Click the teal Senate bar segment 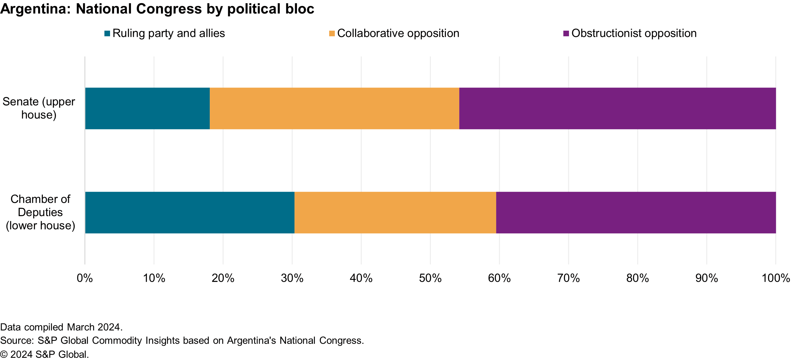[x=147, y=108]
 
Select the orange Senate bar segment [x=334, y=108]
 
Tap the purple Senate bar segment [x=617, y=108]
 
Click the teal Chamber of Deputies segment [x=189, y=212]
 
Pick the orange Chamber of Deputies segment [x=395, y=212]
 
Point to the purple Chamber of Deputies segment [x=636, y=212]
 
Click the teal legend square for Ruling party [x=107, y=33]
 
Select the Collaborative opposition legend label [x=398, y=33]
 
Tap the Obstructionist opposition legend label [x=634, y=33]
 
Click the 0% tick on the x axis [x=85, y=278]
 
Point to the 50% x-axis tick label [x=430, y=278]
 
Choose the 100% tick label [x=776, y=278]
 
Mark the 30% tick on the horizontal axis [x=292, y=278]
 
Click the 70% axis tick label [x=568, y=278]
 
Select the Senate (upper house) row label [x=39, y=108]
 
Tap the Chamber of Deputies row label [x=40, y=212]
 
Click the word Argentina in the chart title [x=35, y=9]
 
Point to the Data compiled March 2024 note [x=61, y=327]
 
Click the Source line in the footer [x=182, y=341]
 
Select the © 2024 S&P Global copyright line [x=44, y=354]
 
